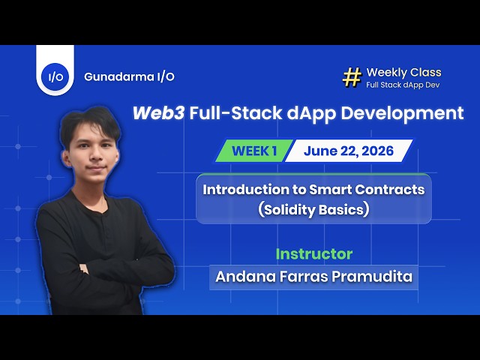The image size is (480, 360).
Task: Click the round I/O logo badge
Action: click(55, 76)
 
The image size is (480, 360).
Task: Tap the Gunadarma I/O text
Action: click(129, 76)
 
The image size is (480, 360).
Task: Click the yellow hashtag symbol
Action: click(352, 77)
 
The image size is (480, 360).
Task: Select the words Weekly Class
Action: click(403, 72)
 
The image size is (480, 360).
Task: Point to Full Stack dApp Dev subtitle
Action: click(403, 85)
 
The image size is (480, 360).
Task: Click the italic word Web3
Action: click(158, 113)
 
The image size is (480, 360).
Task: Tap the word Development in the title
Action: click(402, 114)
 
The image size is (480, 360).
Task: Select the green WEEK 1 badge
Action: click(253, 151)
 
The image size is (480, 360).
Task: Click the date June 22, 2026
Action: click(349, 151)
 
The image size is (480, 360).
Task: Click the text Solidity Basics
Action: click(313, 210)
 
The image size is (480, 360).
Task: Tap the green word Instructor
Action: click(314, 254)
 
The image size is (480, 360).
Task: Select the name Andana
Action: click(241, 277)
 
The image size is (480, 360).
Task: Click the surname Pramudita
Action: click(372, 277)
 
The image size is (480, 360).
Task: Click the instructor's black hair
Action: click(90, 124)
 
